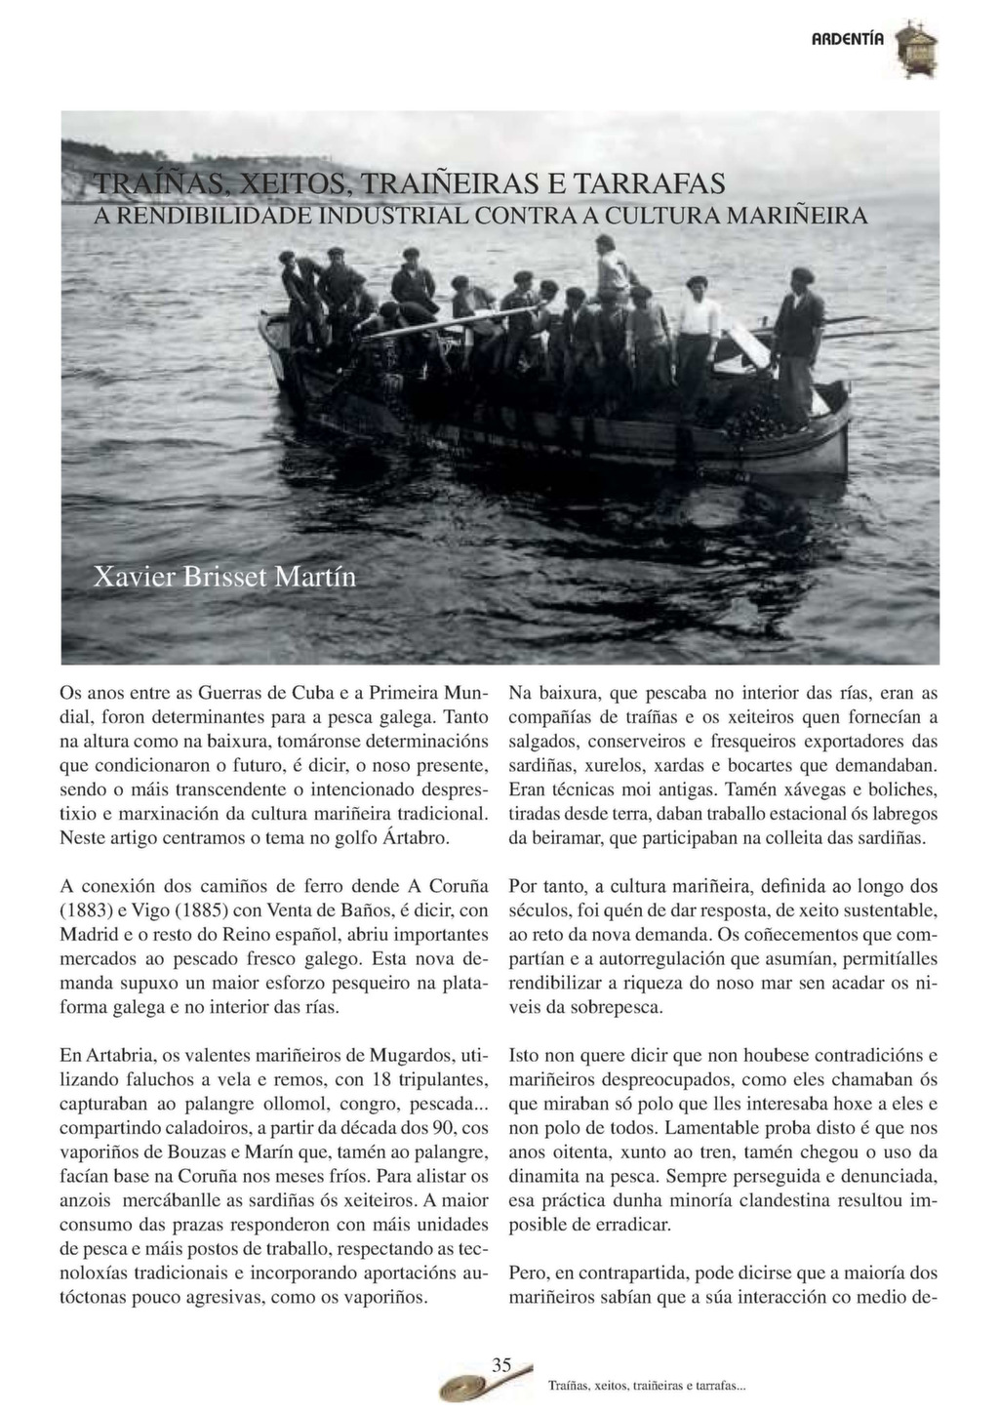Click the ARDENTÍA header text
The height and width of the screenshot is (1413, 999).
pos(848,40)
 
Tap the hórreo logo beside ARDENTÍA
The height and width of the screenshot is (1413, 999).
pos(916,50)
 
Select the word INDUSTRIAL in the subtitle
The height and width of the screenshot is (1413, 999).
pos(394,215)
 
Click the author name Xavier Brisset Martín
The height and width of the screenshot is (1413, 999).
pos(224,577)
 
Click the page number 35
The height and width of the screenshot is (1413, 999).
pos(501,1365)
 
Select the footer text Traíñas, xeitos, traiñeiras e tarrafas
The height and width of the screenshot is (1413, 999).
pos(647,1385)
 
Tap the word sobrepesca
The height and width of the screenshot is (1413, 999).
pos(614,1006)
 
